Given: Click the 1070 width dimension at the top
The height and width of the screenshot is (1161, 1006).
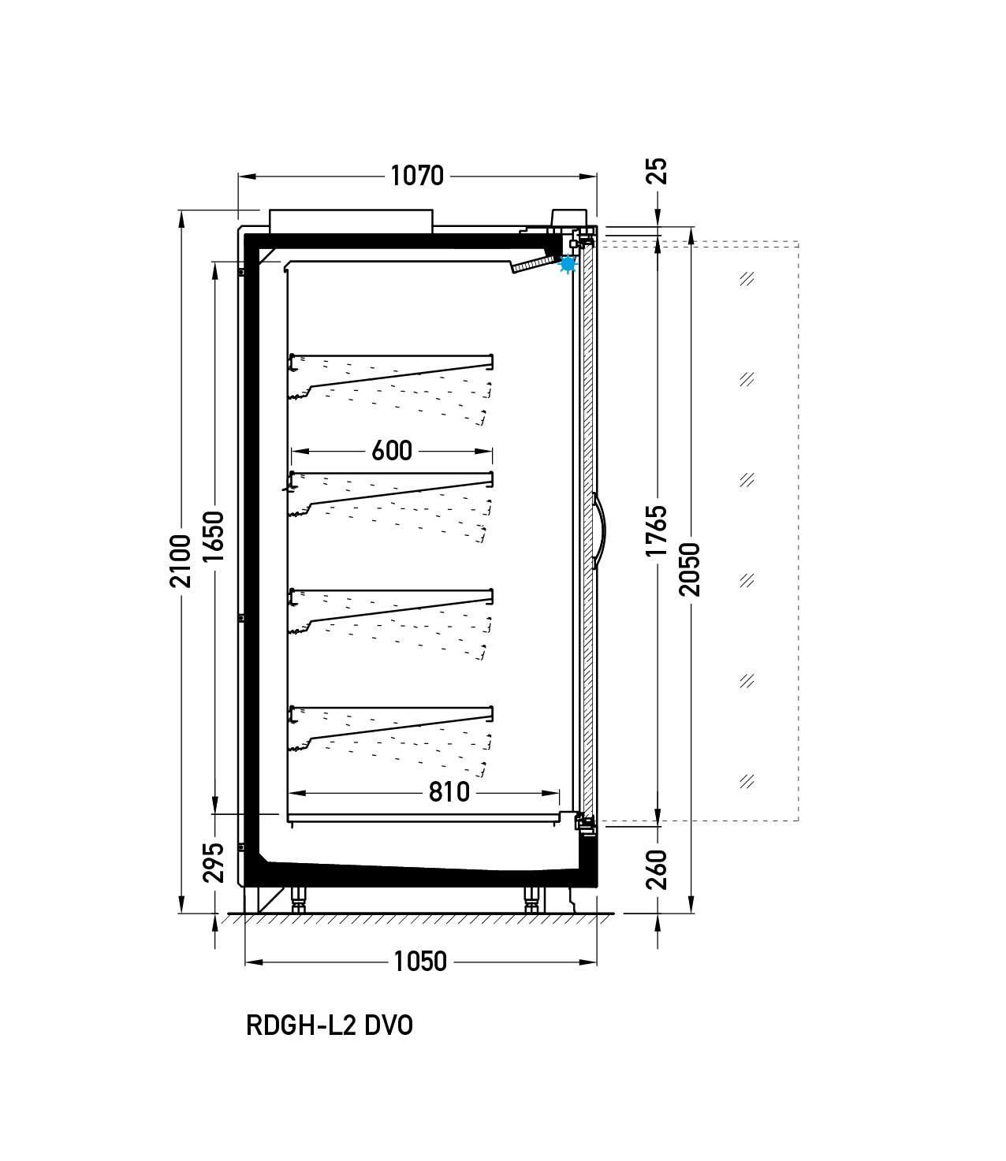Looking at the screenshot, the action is click(417, 176).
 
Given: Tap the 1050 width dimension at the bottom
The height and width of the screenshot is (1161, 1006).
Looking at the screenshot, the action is click(420, 962).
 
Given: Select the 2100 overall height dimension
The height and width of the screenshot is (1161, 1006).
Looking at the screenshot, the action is click(181, 562).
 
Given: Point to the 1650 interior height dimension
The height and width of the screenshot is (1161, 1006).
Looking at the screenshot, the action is click(214, 537).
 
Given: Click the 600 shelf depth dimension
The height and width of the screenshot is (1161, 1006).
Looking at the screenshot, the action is click(392, 451).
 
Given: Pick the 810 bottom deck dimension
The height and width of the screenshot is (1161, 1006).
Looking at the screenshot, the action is click(449, 792).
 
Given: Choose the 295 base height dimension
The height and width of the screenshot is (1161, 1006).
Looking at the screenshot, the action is click(214, 863).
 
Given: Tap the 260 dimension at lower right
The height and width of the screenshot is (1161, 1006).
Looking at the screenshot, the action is click(657, 870).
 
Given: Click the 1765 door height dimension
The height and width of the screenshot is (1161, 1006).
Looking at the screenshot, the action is click(657, 530).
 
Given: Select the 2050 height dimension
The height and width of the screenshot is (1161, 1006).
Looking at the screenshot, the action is click(690, 569).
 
